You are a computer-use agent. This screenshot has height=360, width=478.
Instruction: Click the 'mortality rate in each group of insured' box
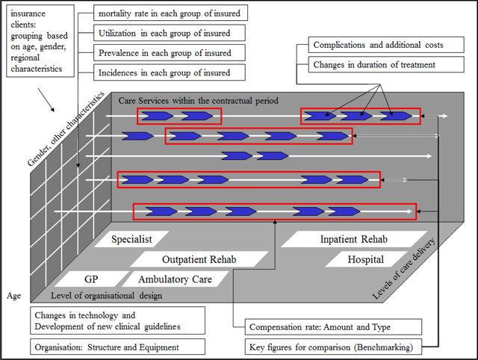(172, 13)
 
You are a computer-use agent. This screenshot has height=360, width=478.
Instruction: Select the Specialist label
(131, 240)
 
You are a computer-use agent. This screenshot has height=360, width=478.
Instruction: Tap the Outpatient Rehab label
(199, 259)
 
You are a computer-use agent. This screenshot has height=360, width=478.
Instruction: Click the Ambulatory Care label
(175, 279)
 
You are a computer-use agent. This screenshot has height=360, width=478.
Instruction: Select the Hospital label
(365, 259)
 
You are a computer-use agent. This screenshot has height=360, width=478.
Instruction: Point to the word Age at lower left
(14, 296)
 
